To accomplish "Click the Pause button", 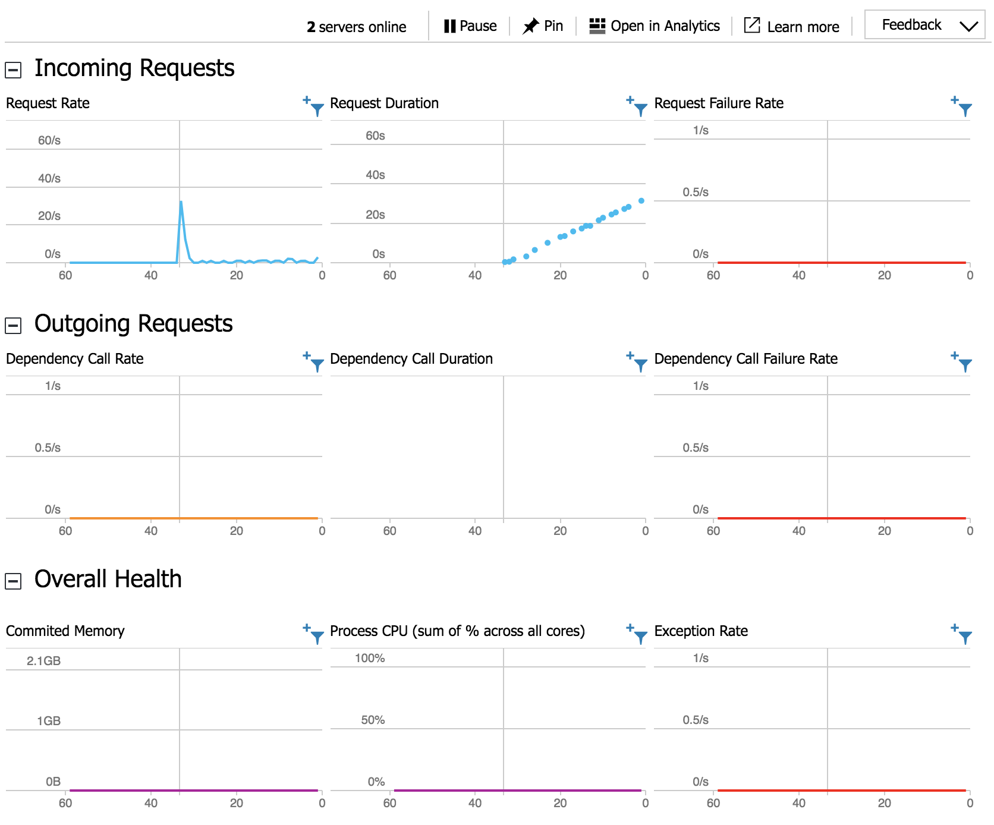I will click(470, 26).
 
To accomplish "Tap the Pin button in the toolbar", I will click(543, 26).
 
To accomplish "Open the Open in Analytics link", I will click(655, 26).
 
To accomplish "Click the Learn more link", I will click(792, 27).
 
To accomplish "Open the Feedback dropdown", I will click(924, 25).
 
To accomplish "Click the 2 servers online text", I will click(357, 27).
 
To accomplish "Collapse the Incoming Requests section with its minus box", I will click(13, 70).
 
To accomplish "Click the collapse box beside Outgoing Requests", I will click(13, 325).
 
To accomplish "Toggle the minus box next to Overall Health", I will click(13, 581).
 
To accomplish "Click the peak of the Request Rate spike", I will click(181, 203).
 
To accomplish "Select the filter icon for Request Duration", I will click(639, 108).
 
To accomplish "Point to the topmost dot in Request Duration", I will click(641, 201).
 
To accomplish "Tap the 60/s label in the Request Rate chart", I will click(49, 141).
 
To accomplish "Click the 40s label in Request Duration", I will click(375, 175).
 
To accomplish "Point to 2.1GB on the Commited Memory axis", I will click(43, 661).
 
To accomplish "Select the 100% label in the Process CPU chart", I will click(370, 659).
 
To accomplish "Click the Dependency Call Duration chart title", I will click(411, 359).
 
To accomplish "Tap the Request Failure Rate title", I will click(719, 103).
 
